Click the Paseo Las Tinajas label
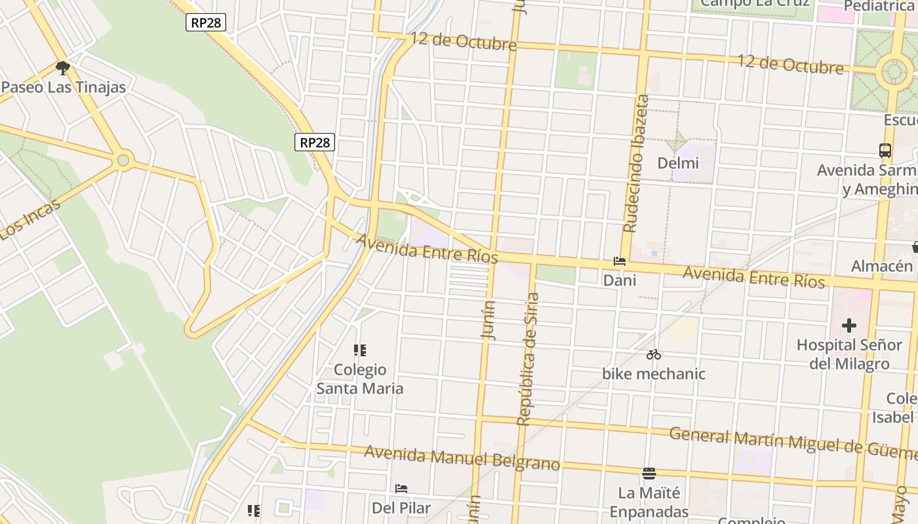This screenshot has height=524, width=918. click(64, 87)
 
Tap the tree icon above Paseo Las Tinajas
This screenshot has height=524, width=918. click(63, 68)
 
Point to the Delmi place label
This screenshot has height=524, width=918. click(678, 162)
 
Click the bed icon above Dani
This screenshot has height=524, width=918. click(620, 261)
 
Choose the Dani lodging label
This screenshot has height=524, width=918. click(620, 280)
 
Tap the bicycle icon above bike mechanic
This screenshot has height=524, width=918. click(653, 355)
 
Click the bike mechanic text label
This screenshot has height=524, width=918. click(654, 374)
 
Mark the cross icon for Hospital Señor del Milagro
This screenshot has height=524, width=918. click(849, 325)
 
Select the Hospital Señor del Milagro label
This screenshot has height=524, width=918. click(849, 354)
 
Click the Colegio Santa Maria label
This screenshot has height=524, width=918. click(360, 379)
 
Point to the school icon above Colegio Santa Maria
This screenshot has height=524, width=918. click(359, 350)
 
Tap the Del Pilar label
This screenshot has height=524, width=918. click(401, 508)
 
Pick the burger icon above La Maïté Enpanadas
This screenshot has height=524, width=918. click(649, 473)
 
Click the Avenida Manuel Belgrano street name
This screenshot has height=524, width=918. click(462, 458)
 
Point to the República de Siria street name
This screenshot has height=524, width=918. click(529, 359)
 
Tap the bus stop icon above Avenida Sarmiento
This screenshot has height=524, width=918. click(885, 151)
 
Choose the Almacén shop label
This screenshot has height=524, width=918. click(882, 266)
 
